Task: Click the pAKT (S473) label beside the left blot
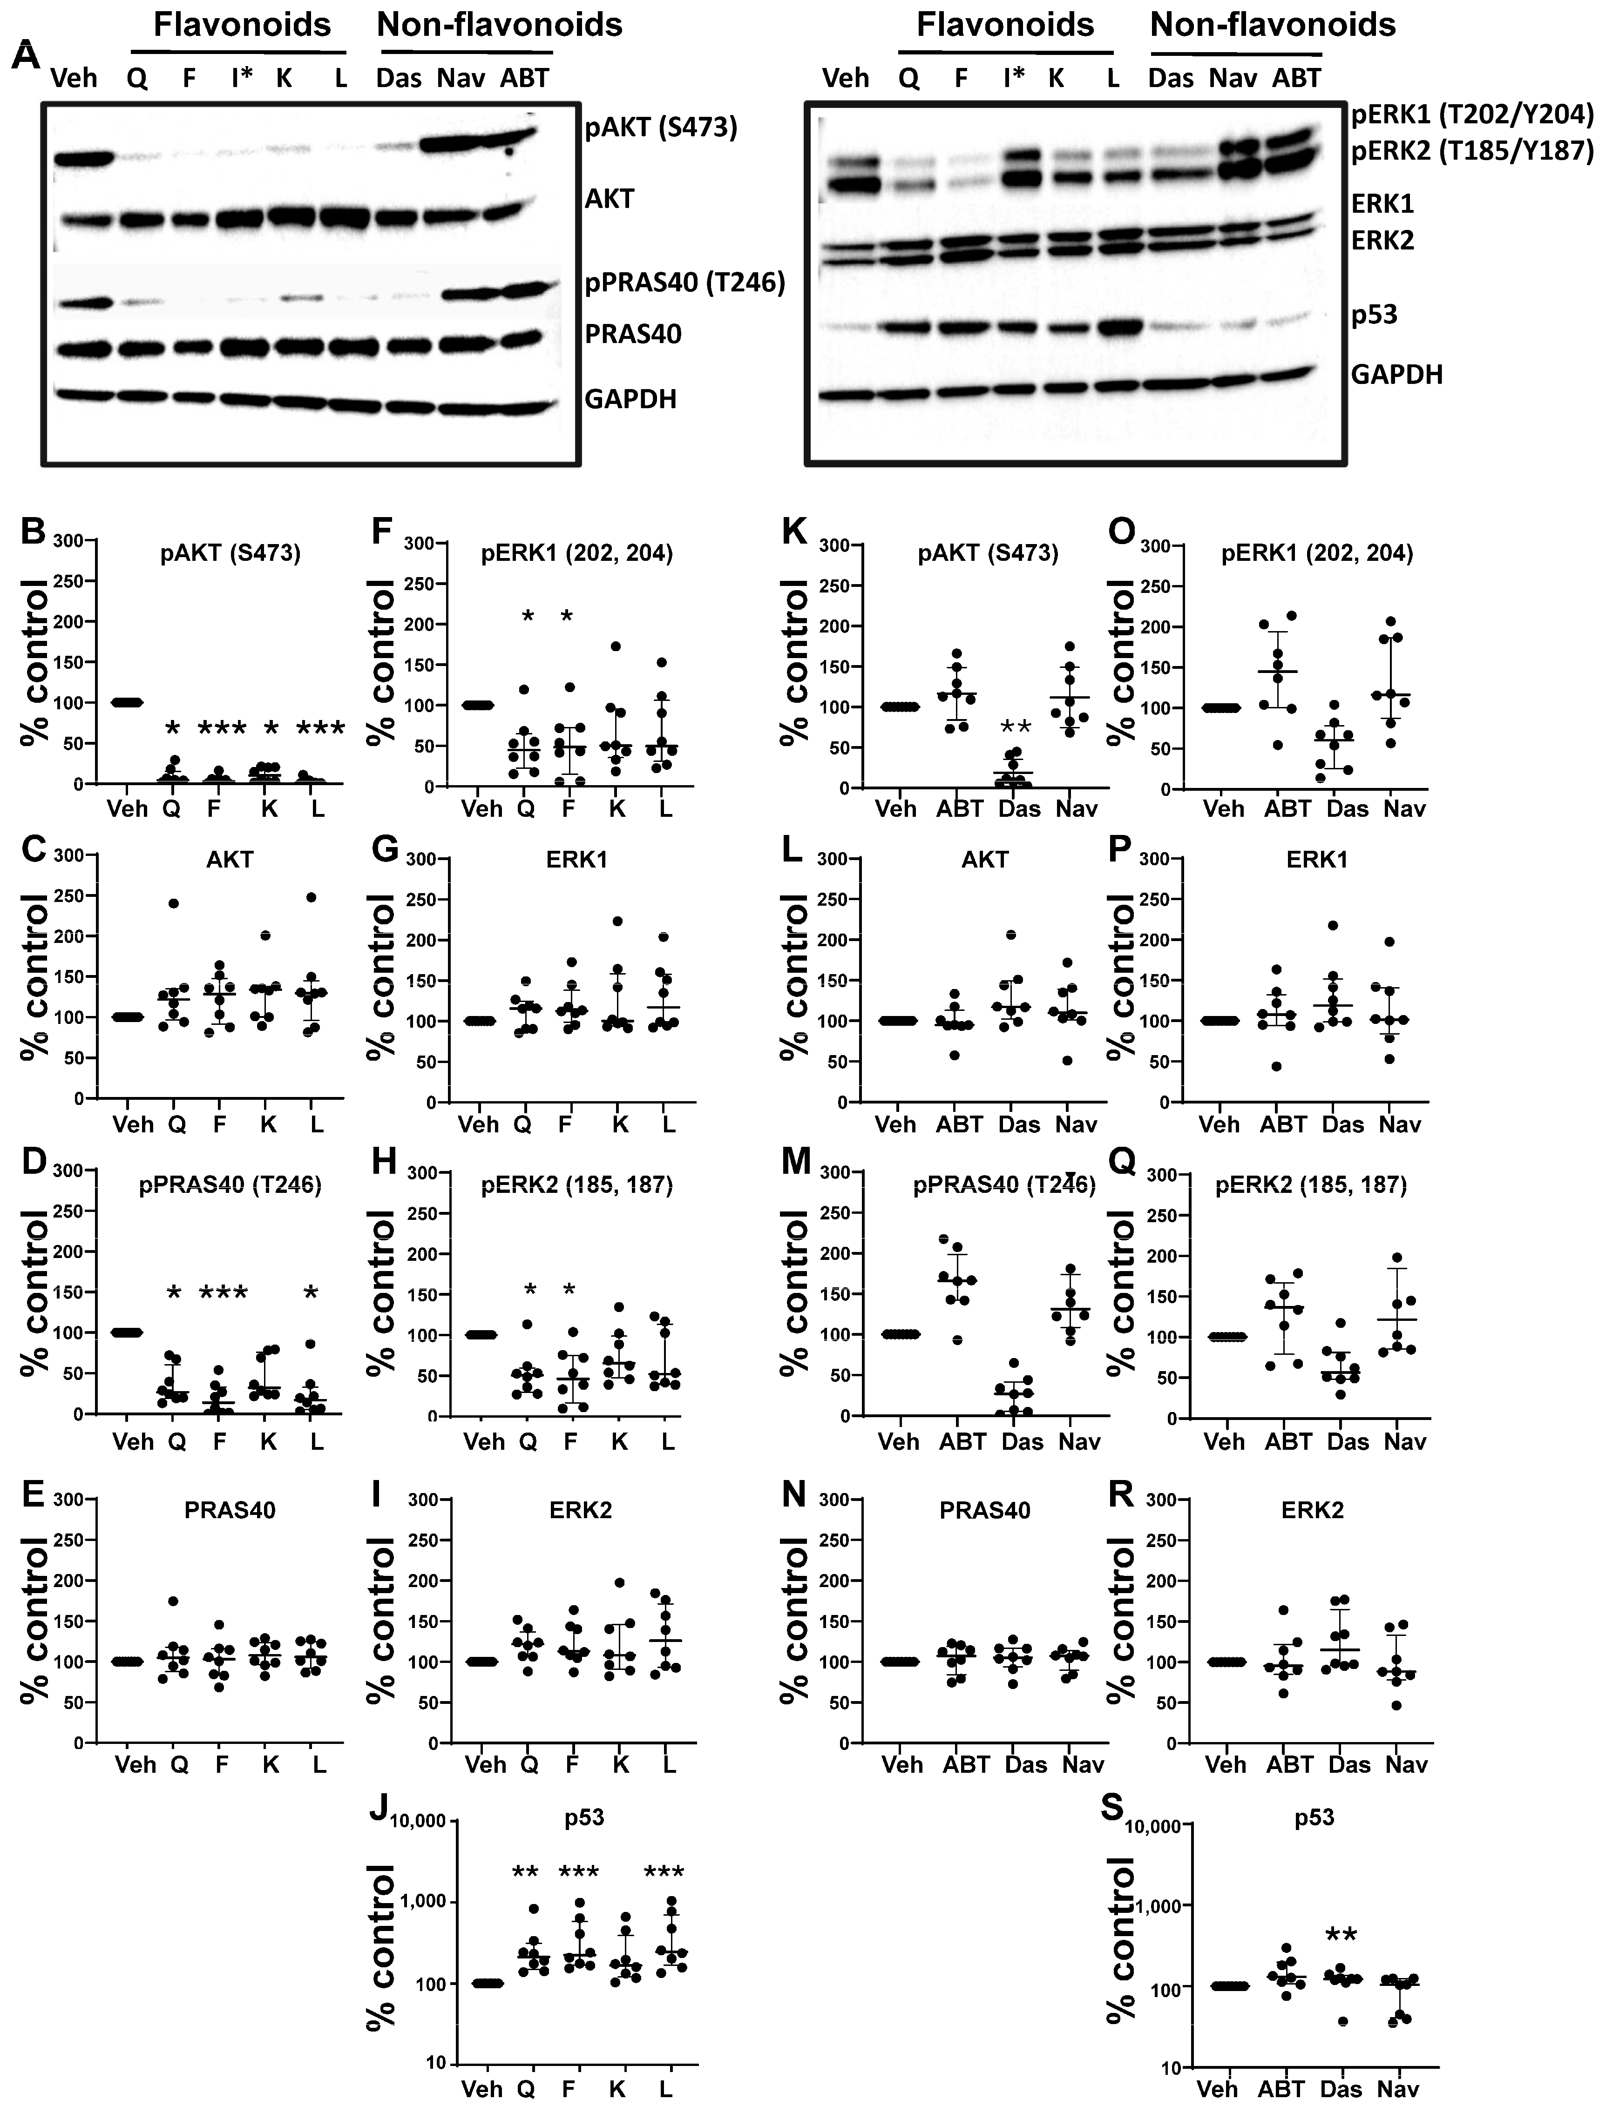pos(661,128)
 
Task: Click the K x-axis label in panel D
pos(269,1441)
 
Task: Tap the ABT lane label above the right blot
pos(1296,77)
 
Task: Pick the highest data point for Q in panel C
pos(173,902)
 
